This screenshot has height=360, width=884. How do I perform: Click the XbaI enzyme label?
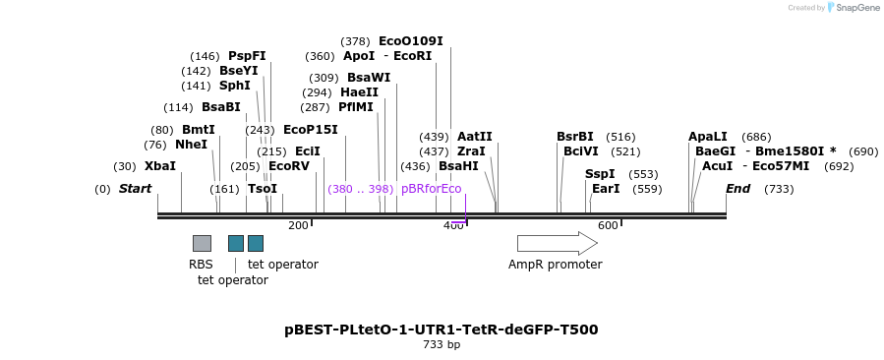click(159, 166)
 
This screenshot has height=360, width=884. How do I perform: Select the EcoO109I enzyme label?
click(410, 41)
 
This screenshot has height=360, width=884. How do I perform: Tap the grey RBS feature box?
click(202, 243)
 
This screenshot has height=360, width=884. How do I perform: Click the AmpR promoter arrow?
click(557, 243)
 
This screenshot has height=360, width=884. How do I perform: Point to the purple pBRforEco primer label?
click(431, 189)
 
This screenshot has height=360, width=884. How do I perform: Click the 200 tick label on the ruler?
click(298, 226)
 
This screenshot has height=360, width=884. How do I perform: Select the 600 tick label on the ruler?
click(608, 226)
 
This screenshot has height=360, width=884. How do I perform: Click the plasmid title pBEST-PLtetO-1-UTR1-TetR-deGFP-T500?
click(441, 330)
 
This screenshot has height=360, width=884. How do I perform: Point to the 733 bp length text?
click(441, 345)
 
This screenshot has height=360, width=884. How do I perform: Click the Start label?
click(136, 189)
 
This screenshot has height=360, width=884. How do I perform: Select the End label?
click(737, 189)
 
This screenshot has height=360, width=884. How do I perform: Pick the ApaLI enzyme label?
click(708, 137)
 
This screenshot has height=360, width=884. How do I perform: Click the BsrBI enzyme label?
click(575, 137)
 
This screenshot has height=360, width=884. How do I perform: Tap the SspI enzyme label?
click(600, 174)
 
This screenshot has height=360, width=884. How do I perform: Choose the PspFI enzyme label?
click(247, 56)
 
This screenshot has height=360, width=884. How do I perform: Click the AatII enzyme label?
click(474, 137)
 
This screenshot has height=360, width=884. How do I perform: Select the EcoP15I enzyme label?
click(310, 129)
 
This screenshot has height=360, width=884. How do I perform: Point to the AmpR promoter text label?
click(555, 265)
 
